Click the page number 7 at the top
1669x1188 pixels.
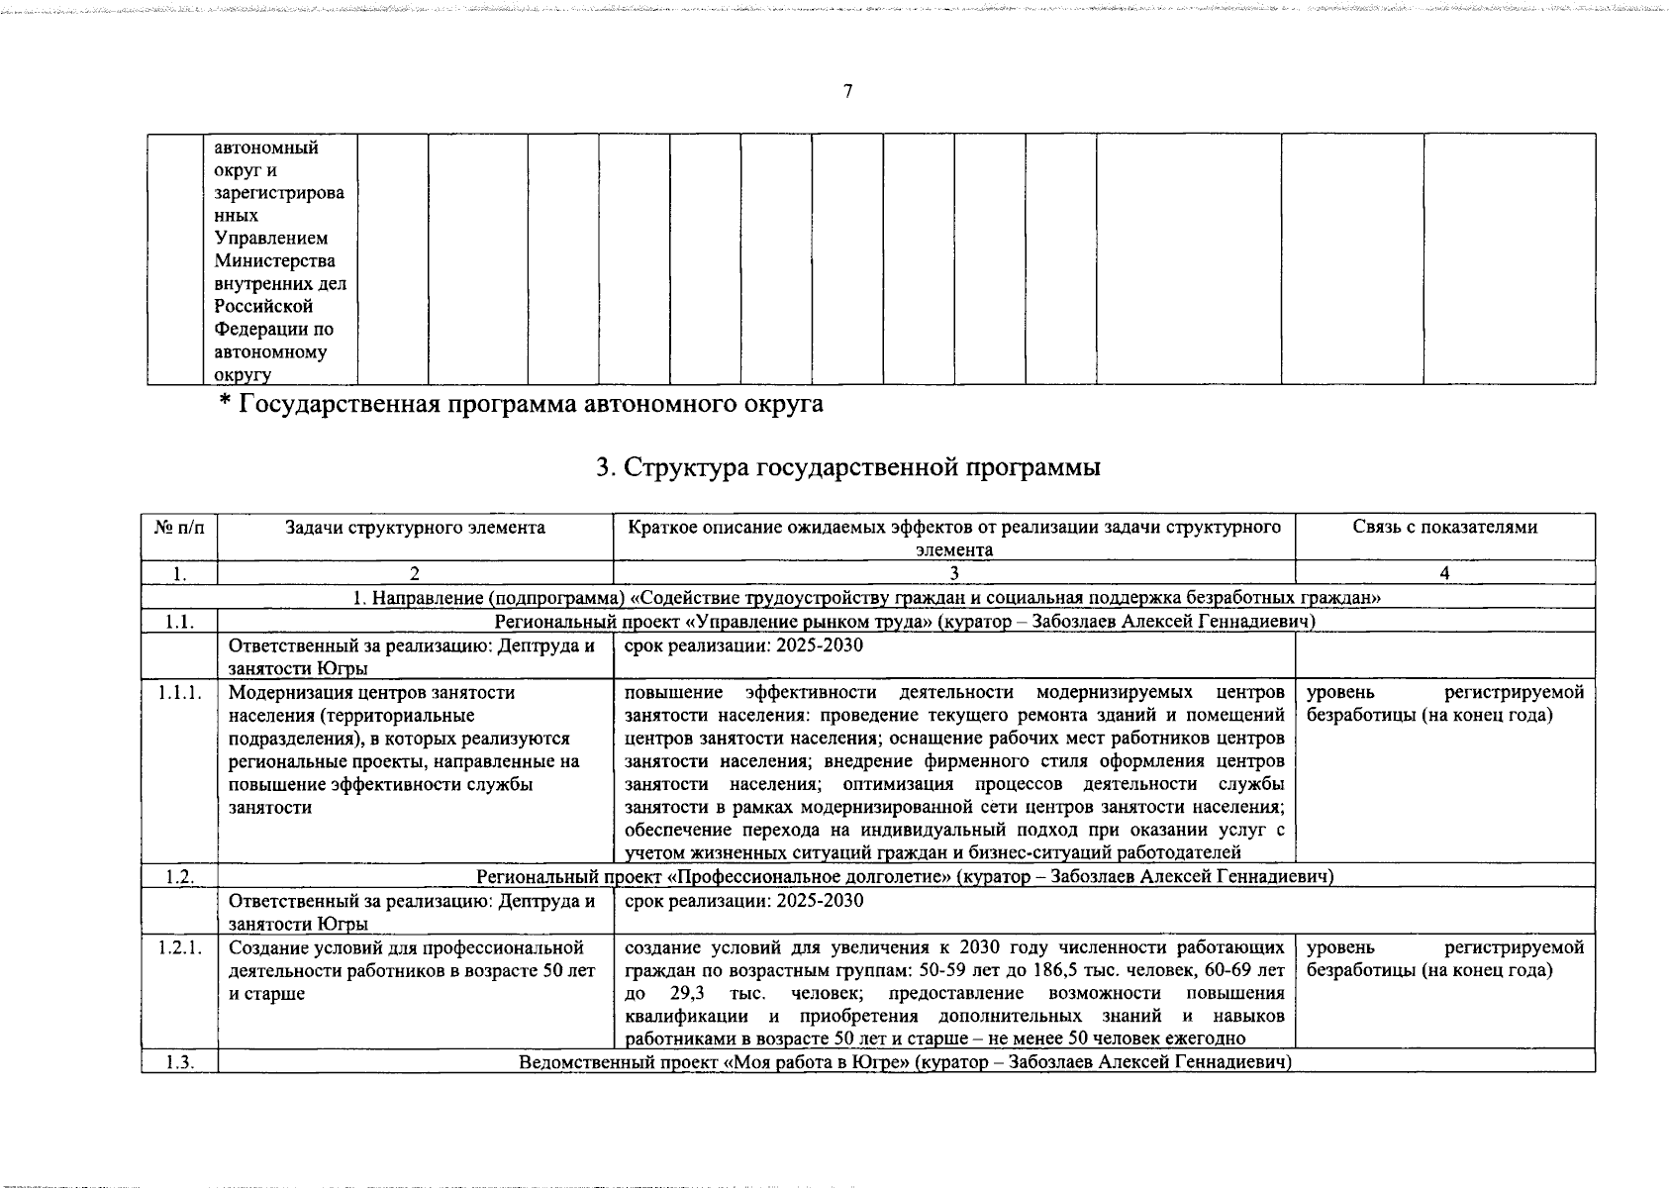[x=847, y=92]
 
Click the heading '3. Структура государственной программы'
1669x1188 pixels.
[x=848, y=467]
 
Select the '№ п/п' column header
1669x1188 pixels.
[x=179, y=528]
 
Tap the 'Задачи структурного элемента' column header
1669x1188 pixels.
[x=415, y=528]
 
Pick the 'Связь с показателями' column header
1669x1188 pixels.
[x=1444, y=528]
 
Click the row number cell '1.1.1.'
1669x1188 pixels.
[x=179, y=692]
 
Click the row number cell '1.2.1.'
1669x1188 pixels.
[x=179, y=947]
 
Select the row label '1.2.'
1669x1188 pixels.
[x=179, y=876]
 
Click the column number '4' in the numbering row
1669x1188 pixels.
[x=1444, y=573]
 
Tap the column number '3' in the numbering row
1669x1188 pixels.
[x=953, y=573]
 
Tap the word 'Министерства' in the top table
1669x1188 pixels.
[x=275, y=261]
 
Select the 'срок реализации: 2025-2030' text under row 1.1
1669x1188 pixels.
[x=743, y=645]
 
